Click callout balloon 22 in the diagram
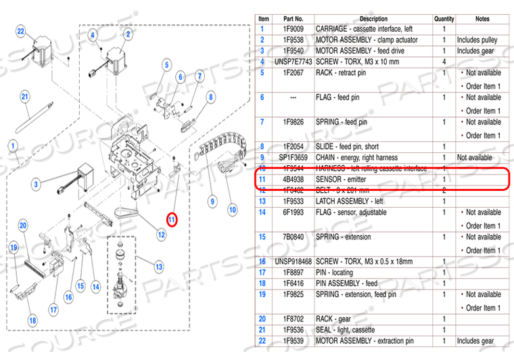(x=21, y=32)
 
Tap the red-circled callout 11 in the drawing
(x=172, y=219)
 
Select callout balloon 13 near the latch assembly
(x=159, y=267)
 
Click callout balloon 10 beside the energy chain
(x=232, y=209)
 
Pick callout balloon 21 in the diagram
(x=24, y=97)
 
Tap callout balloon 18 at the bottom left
(x=32, y=320)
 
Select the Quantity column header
(x=444, y=18)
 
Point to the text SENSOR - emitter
(x=346, y=179)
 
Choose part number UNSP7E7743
(x=293, y=62)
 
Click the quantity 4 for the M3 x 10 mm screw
(x=444, y=62)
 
